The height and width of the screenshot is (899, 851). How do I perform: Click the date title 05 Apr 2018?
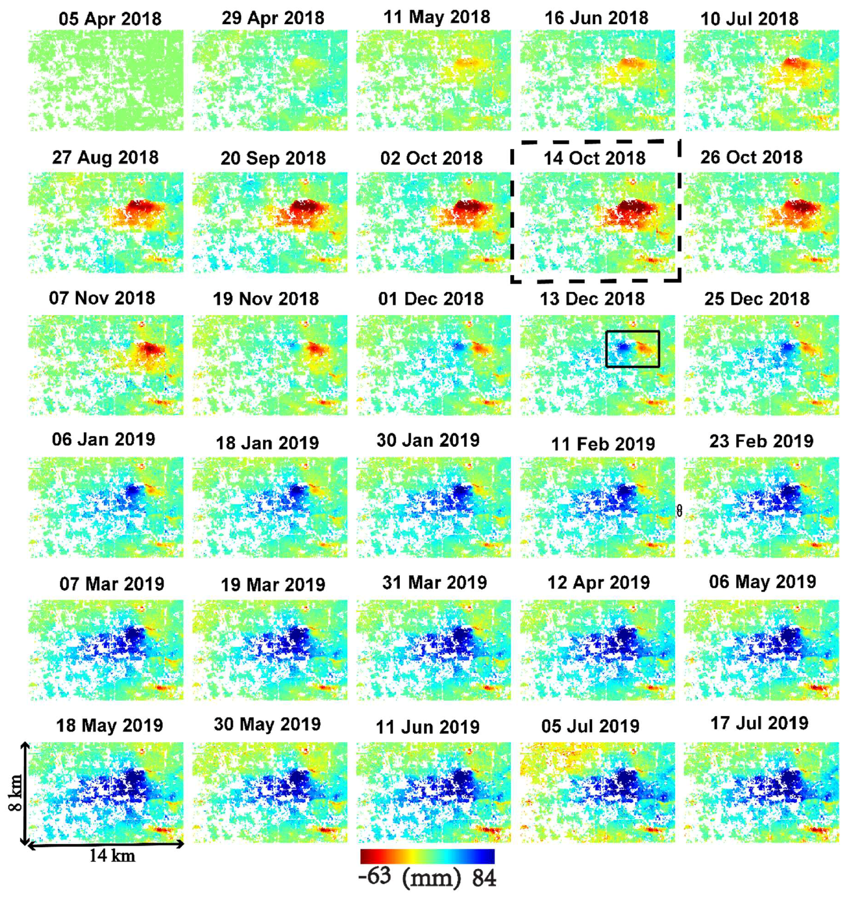click(110, 19)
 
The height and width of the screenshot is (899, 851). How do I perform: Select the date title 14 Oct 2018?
click(594, 158)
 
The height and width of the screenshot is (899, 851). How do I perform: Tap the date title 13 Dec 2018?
click(592, 299)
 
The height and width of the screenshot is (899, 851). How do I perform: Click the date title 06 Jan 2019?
click(104, 439)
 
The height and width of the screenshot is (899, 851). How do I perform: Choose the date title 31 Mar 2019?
click(434, 582)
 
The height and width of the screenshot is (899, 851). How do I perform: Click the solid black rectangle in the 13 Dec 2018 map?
click(632, 332)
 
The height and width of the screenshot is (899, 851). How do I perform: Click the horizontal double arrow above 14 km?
click(106, 844)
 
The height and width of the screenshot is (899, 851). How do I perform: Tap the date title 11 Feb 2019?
click(603, 444)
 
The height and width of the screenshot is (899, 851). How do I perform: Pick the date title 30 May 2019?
click(267, 724)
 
